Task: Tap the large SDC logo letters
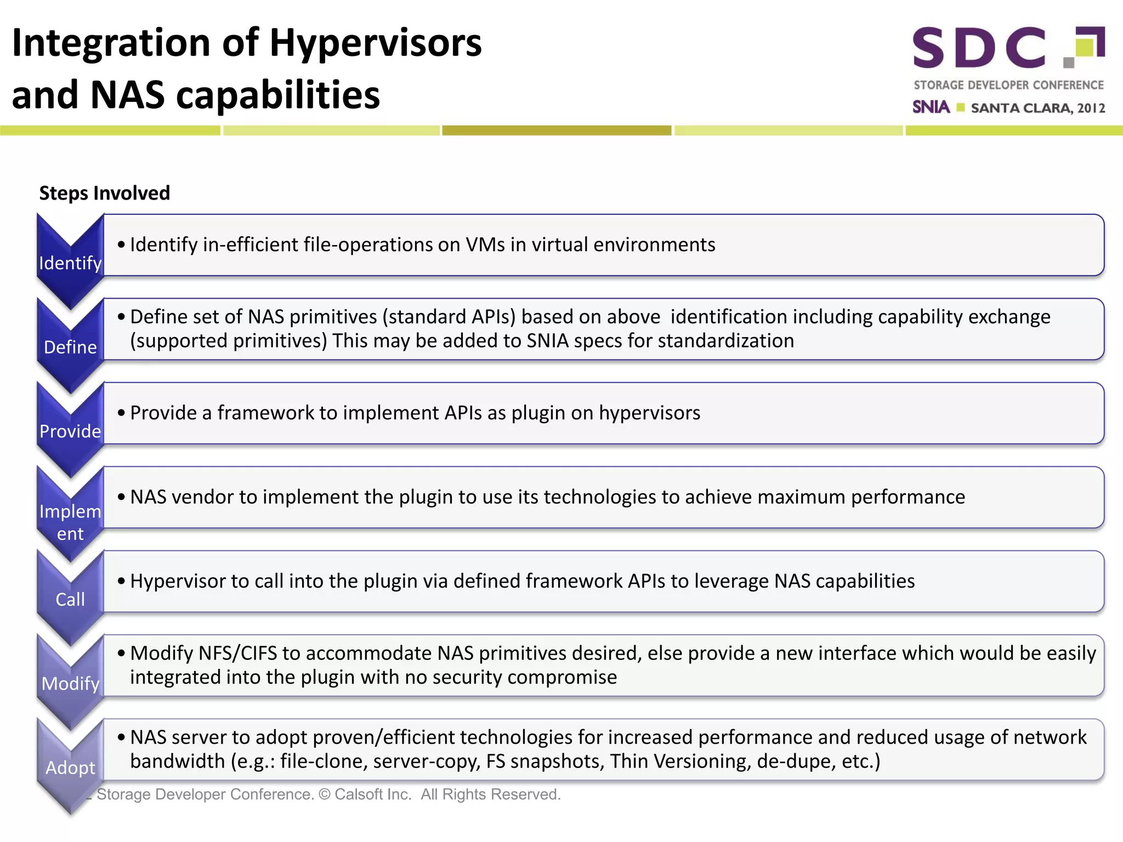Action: (x=979, y=48)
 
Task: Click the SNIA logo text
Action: (x=931, y=107)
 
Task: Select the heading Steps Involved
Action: (x=104, y=193)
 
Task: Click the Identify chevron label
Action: (x=70, y=263)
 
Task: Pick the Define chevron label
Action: (x=70, y=347)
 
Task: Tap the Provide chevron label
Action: (x=70, y=431)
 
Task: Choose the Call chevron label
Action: (x=70, y=599)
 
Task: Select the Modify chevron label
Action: (x=70, y=684)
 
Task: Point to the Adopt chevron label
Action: (x=70, y=767)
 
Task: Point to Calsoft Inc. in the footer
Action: (x=373, y=794)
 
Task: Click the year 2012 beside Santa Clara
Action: (x=1091, y=108)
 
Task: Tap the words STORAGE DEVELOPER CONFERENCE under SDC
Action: (x=1008, y=86)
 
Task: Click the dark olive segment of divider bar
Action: (x=557, y=130)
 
